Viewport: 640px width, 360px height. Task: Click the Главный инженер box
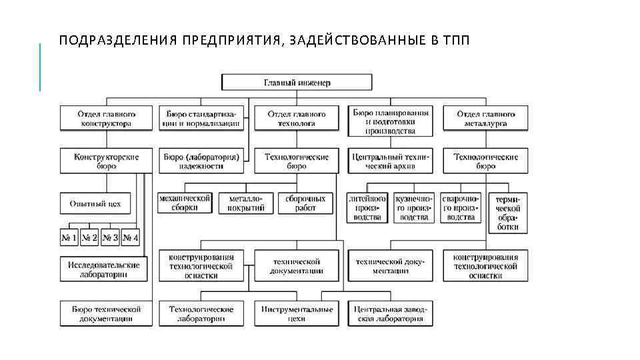coord(297,83)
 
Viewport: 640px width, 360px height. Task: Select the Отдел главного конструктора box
coord(106,119)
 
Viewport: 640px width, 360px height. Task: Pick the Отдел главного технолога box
coord(297,119)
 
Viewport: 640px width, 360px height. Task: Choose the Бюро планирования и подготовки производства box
coord(391,118)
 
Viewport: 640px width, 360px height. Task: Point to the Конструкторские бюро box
coord(106,161)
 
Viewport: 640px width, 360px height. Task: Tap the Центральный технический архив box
coord(391,161)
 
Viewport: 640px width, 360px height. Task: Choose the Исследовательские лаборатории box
coord(103,269)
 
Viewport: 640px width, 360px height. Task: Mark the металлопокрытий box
coord(246,203)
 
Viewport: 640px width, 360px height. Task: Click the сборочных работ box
coord(305,203)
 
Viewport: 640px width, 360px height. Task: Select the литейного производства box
coord(367,208)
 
